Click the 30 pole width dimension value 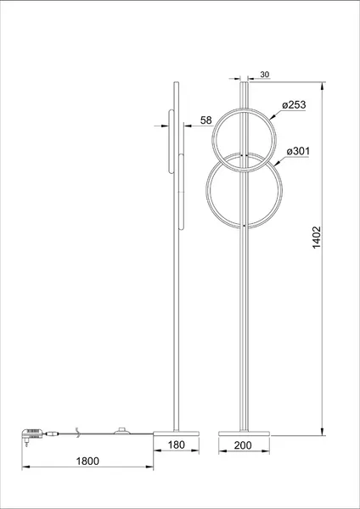click(x=264, y=75)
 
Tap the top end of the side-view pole click(x=175, y=82)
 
